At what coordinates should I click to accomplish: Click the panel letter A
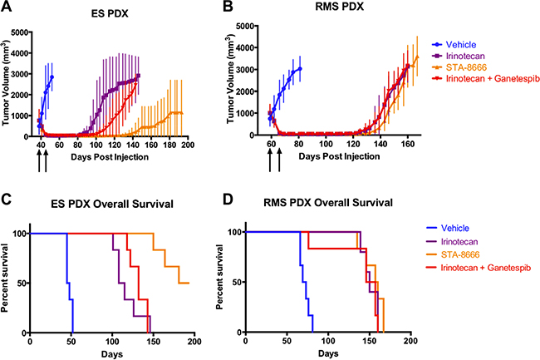(x=7, y=7)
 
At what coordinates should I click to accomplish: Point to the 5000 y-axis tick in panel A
(x=20, y=32)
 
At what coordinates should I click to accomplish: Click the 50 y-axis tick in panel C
(x=22, y=283)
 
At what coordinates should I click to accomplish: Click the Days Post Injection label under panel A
(x=110, y=155)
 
